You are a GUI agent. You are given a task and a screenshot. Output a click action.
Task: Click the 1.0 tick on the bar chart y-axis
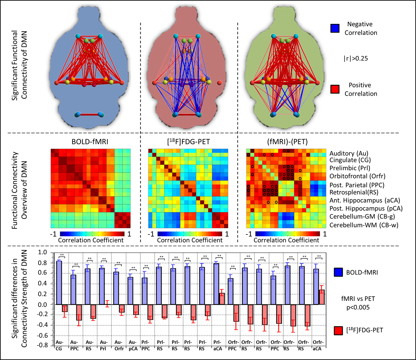click(x=42, y=252)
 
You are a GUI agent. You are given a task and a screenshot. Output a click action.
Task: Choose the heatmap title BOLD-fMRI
click(x=91, y=142)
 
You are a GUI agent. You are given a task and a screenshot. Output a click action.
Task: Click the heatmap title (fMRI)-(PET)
click(x=286, y=142)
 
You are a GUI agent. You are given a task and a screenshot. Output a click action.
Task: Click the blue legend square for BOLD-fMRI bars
click(x=339, y=273)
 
